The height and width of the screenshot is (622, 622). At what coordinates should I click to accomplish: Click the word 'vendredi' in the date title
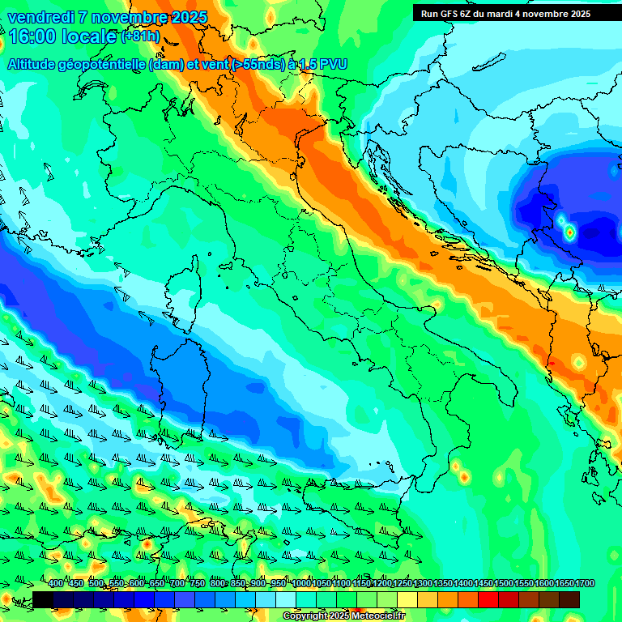(x=40, y=17)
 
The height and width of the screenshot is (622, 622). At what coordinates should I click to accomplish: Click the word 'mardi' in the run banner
(x=508, y=14)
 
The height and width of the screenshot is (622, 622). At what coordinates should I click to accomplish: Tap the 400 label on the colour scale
(x=56, y=584)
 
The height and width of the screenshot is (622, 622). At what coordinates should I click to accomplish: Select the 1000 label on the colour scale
(x=302, y=584)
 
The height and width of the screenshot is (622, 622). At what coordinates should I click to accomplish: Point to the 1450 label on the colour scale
(x=484, y=584)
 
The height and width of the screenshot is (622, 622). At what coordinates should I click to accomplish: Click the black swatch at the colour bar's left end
(x=43, y=599)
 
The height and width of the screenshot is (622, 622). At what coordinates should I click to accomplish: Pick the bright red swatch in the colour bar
(x=488, y=599)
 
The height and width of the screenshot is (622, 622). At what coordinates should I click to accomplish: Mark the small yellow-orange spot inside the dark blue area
(x=569, y=232)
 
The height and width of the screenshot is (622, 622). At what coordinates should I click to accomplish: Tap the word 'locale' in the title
(x=90, y=36)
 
